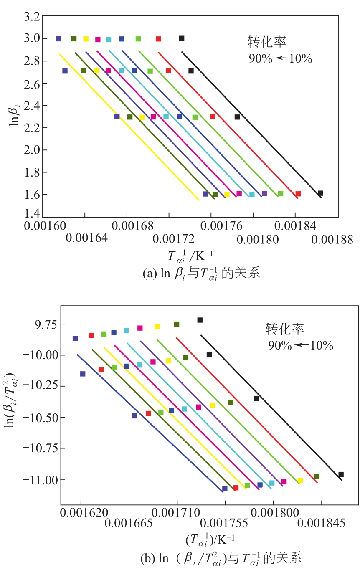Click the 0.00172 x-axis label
tap(173, 240)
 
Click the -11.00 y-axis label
tap(37, 479)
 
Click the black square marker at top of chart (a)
tap(182, 38)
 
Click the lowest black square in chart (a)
tap(320, 193)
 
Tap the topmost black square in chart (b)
tap(200, 320)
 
